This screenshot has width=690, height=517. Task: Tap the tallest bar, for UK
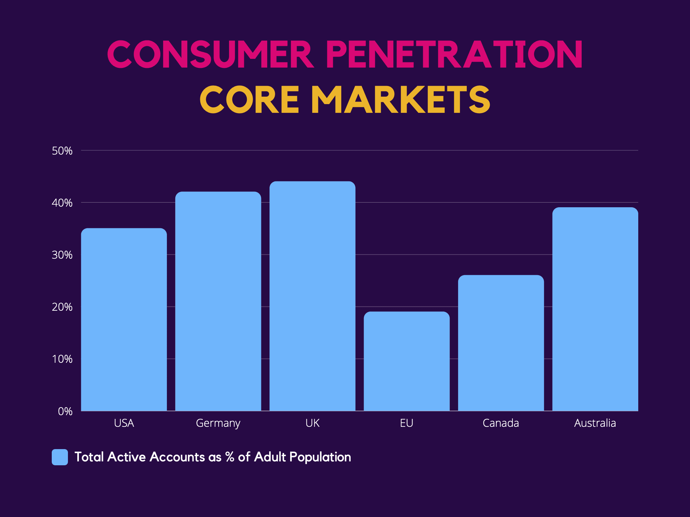[312, 296]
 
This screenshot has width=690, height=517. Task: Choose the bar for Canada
[501, 343]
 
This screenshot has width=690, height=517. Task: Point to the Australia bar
[595, 309]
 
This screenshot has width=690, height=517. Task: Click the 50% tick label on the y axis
[62, 151]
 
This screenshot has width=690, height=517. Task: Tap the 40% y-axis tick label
[62, 203]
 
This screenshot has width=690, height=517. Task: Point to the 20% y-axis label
[62, 307]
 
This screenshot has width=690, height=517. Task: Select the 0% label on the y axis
[65, 411]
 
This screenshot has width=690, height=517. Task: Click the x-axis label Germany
[218, 423]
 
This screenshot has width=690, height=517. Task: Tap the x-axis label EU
[407, 423]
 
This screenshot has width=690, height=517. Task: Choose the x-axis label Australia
[595, 423]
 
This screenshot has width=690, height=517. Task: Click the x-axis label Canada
[501, 423]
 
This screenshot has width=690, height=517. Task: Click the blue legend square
[60, 457]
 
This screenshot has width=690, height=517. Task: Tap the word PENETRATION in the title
[454, 54]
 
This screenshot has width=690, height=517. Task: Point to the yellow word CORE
[249, 99]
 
